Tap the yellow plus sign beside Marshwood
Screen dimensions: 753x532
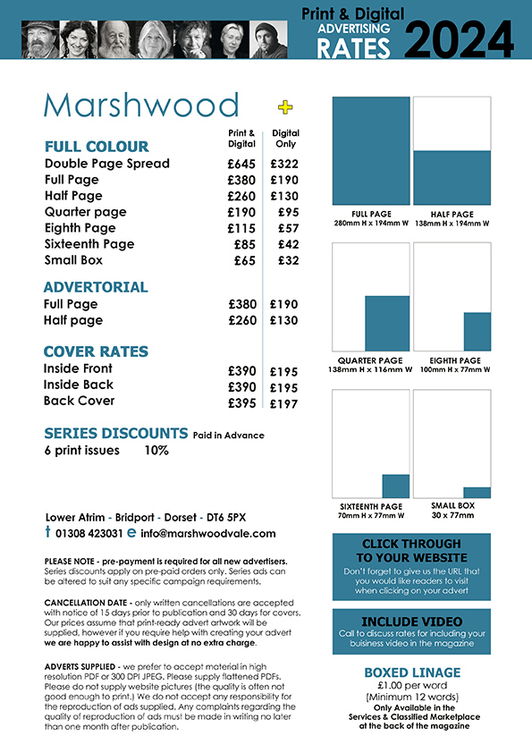[285, 107]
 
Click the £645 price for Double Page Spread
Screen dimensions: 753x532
[241, 164]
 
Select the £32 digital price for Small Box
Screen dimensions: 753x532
[288, 260]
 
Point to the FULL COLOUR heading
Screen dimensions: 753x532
[97, 146]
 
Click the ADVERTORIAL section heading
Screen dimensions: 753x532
[96, 287]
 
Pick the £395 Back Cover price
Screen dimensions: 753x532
[241, 402]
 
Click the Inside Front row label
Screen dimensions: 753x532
[78, 368]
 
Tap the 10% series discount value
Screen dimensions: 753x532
[156, 451]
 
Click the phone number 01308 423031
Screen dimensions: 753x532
[89, 533]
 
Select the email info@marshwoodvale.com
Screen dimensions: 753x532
[207, 533]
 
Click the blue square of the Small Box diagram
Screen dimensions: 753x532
[477, 492]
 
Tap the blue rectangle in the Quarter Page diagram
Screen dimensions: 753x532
[387, 323]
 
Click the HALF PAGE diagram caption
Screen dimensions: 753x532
[452, 215]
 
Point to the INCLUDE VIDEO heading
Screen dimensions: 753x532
[411, 621]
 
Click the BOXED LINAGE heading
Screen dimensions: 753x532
[411, 673]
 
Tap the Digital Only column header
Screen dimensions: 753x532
[285, 138]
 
